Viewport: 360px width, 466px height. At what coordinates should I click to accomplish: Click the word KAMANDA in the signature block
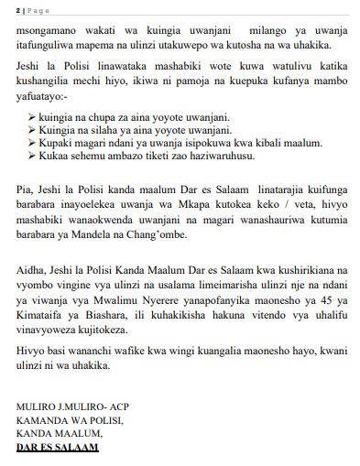(x=39, y=418)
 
